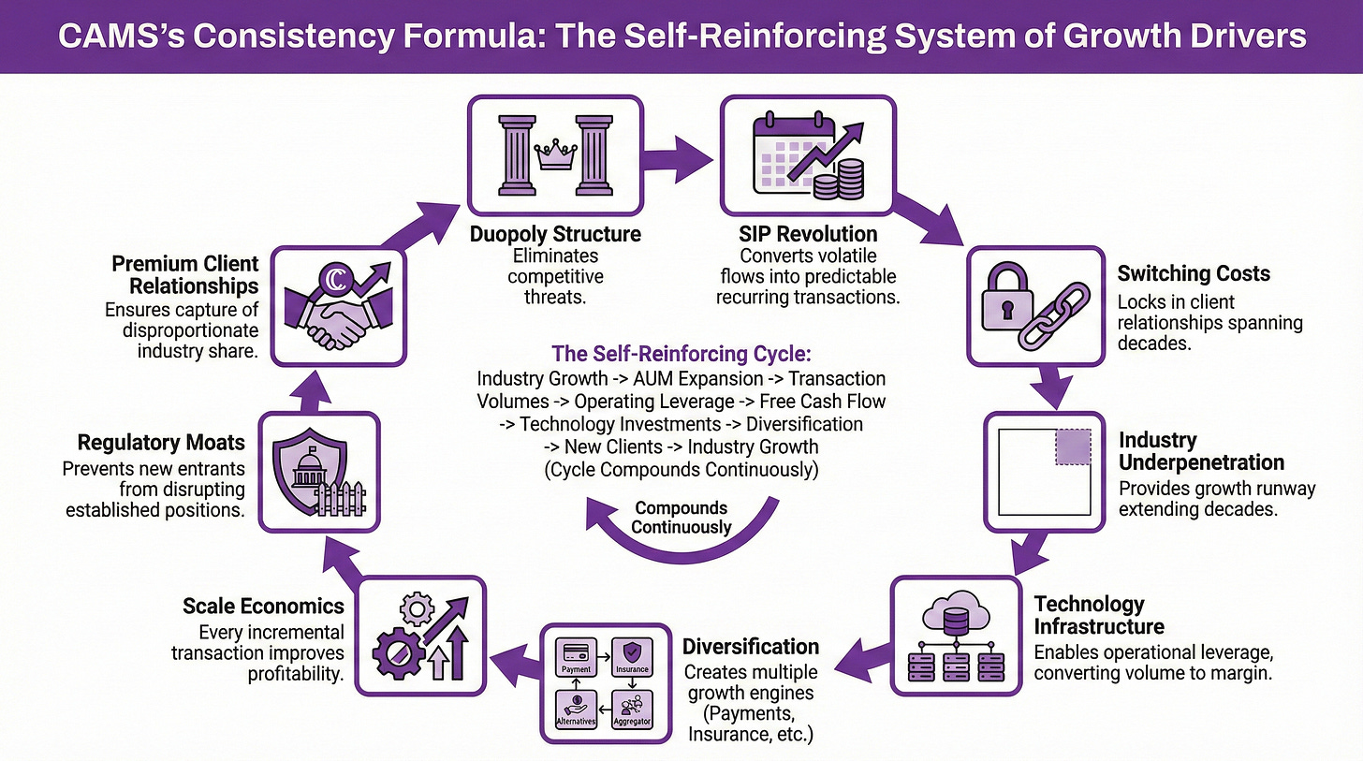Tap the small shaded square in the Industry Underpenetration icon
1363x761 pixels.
(1073, 447)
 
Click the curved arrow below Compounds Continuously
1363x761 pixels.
(683, 548)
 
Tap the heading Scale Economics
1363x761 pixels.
(263, 606)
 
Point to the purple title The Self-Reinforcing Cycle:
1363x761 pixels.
(681, 355)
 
